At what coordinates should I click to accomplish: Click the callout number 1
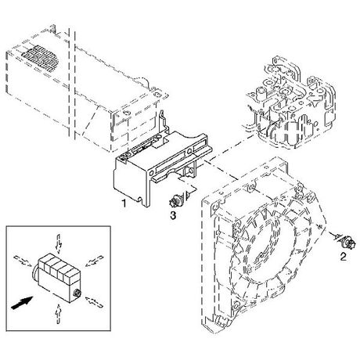124,203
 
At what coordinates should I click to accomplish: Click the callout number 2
344,257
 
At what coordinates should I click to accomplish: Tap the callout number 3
173,215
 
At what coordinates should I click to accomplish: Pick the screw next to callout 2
346,241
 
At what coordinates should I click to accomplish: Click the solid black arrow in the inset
22,303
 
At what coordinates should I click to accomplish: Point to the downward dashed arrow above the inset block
59,244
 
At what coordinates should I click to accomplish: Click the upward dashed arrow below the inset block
59,313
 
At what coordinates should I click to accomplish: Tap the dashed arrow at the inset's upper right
95,261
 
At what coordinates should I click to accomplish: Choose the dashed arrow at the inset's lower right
94,302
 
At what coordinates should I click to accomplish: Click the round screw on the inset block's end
77,293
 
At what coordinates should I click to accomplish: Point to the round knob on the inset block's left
34,274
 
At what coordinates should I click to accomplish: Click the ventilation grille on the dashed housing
40,59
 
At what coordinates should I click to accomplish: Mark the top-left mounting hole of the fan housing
215,207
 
